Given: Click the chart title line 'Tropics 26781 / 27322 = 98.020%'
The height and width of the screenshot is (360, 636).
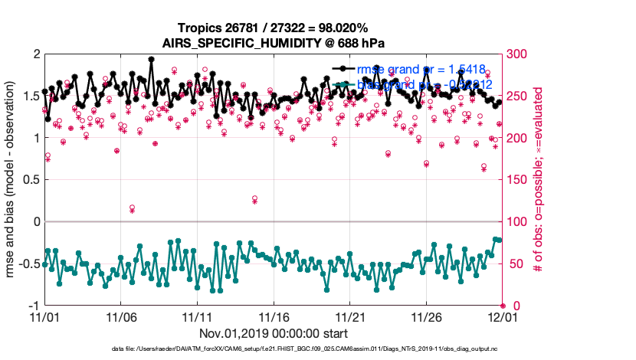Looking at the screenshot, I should (x=274, y=28).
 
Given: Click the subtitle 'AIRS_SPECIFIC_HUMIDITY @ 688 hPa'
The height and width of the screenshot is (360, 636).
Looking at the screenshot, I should (x=274, y=43).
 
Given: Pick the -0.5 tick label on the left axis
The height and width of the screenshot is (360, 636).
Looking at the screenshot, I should (x=28, y=264).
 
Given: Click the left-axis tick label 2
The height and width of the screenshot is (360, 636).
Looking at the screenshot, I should (x=35, y=54).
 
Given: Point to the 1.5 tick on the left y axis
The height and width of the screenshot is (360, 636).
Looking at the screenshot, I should (x=31, y=97).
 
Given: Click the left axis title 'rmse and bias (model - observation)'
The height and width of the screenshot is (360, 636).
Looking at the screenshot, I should (x=13, y=180).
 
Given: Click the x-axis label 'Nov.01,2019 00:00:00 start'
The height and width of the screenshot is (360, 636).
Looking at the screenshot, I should (x=274, y=334).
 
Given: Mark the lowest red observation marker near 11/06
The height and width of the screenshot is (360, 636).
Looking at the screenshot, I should (x=133, y=208).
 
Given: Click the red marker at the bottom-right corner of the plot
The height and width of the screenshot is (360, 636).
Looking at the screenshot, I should (x=503, y=306).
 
